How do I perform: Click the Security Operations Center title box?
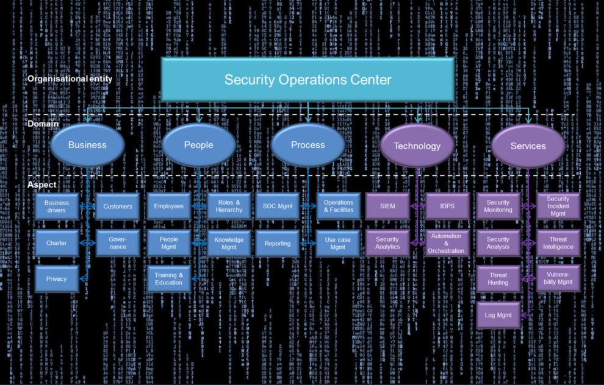click(x=307, y=79)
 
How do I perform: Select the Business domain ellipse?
click(x=87, y=145)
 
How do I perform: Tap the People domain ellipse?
click(x=198, y=145)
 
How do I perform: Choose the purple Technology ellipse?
click(x=417, y=146)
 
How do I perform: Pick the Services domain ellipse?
click(x=528, y=146)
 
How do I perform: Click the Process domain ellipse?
click(x=307, y=145)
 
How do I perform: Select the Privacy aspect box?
click(x=57, y=278)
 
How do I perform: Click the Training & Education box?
click(x=168, y=278)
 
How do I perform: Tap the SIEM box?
click(x=387, y=206)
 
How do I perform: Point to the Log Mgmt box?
click(x=498, y=315)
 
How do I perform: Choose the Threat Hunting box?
click(x=498, y=278)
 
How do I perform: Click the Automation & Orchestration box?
click(x=446, y=243)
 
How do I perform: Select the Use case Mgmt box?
click(x=338, y=243)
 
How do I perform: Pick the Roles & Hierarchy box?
click(x=229, y=206)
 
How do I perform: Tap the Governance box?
click(x=118, y=243)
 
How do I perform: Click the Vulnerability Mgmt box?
click(x=558, y=278)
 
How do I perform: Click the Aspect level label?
click(x=42, y=184)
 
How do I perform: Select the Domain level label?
click(x=43, y=124)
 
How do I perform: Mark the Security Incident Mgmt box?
click(x=558, y=206)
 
